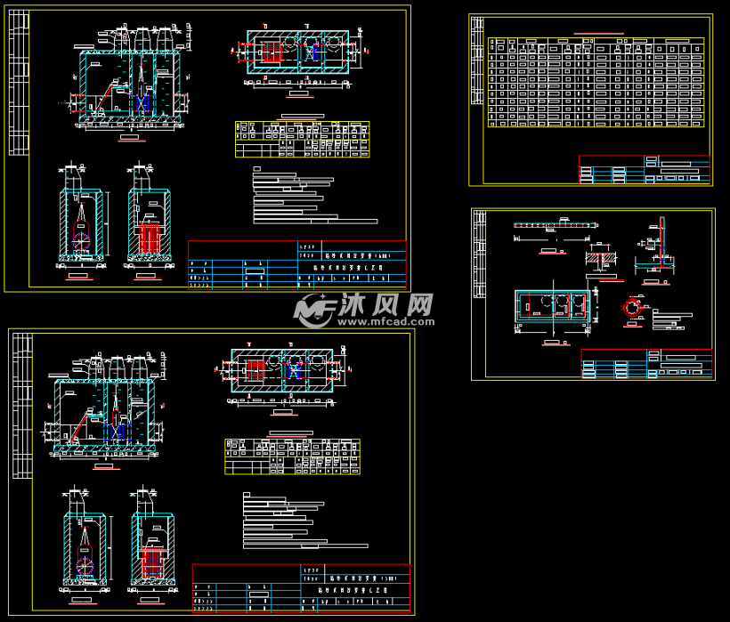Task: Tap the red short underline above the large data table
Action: (598, 33)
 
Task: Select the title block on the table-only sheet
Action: (645, 169)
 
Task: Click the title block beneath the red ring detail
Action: (645, 363)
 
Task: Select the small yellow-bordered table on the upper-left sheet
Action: (302, 140)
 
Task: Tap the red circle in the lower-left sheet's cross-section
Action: (84, 564)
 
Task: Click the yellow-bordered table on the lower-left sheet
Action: (292, 456)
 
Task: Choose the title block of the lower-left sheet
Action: (301, 587)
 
